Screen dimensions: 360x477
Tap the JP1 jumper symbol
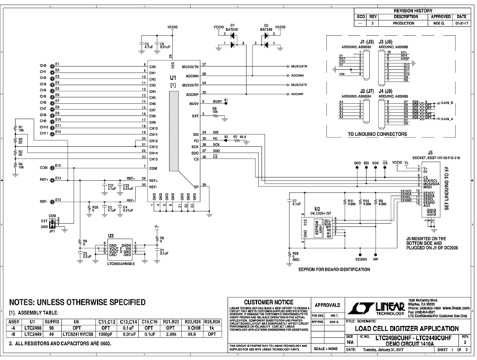52,224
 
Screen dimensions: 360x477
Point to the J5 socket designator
430,152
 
